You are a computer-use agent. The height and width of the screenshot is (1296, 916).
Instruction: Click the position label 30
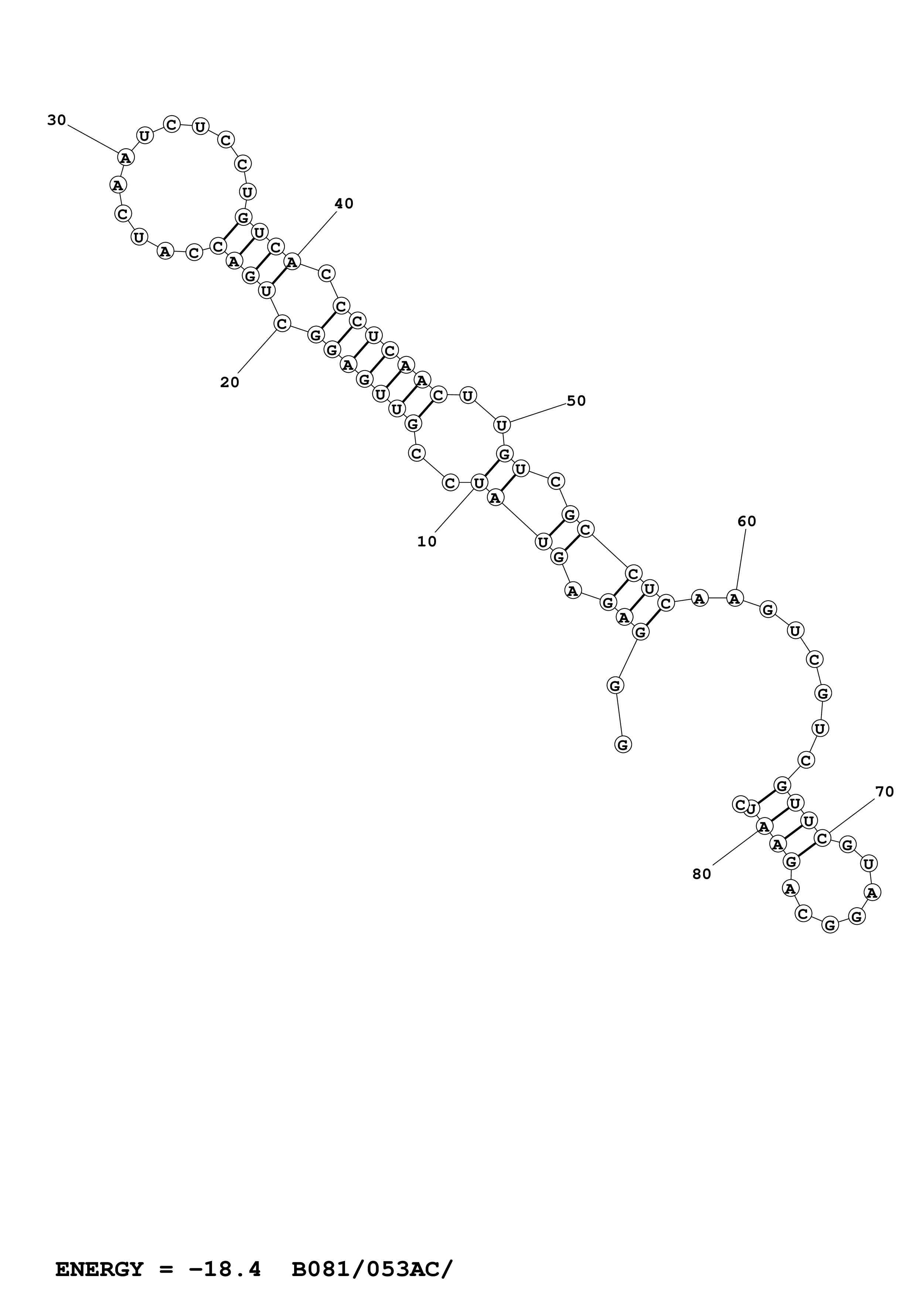coord(57,120)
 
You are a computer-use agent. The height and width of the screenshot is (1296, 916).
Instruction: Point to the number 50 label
coord(576,401)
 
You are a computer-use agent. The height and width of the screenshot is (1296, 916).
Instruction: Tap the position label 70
coord(884,792)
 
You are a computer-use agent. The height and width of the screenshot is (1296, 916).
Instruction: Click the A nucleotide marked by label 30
coord(125,157)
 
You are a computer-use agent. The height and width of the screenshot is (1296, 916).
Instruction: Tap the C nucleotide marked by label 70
coord(822,839)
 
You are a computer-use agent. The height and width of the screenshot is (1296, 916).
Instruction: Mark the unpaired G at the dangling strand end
coord(623,744)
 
